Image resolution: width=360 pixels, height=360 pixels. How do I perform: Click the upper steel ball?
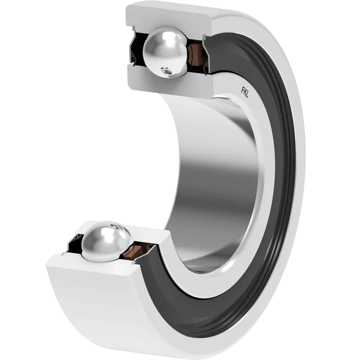point(165,52)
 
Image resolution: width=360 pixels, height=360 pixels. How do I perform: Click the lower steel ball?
point(106,242)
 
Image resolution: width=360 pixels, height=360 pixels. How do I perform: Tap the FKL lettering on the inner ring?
point(245,92)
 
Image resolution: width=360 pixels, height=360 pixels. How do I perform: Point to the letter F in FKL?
point(243,90)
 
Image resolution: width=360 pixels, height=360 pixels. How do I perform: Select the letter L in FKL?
point(247,94)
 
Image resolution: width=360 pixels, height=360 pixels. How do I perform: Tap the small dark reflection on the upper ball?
point(166,71)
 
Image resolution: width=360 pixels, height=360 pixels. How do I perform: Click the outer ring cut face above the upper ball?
point(169,17)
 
